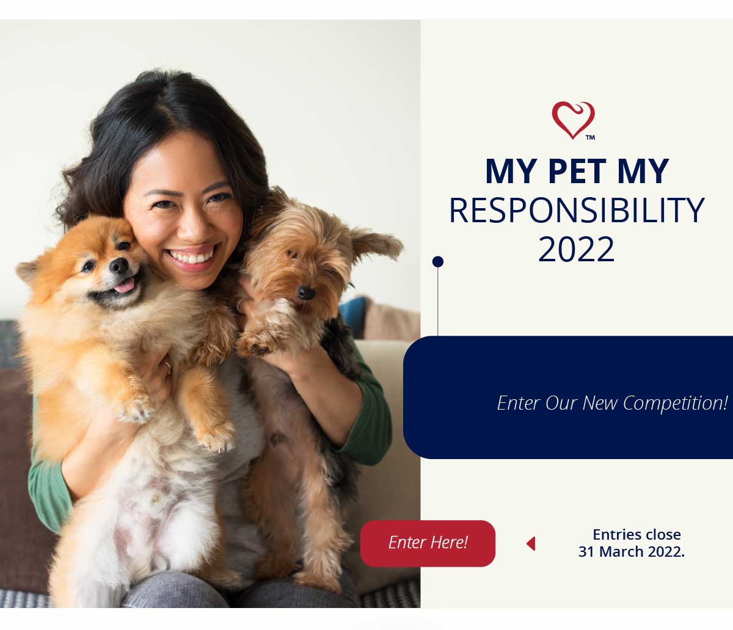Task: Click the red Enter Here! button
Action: tap(428, 543)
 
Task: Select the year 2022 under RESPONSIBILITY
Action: tap(576, 249)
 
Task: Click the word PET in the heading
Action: tap(577, 171)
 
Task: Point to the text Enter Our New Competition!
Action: tap(613, 403)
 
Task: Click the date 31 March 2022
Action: tap(631, 552)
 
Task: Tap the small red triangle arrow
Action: tap(531, 543)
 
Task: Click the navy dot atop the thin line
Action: tap(438, 261)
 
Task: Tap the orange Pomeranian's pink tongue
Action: tap(125, 286)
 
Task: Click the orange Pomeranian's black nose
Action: tap(119, 266)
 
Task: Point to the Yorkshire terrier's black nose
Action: tap(306, 292)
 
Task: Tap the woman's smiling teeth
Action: tap(191, 256)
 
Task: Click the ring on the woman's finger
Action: tap(168, 367)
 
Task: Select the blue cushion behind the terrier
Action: tap(352, 316)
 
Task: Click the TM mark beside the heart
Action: tap(590, 137)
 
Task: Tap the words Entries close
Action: tap(636, 535)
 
